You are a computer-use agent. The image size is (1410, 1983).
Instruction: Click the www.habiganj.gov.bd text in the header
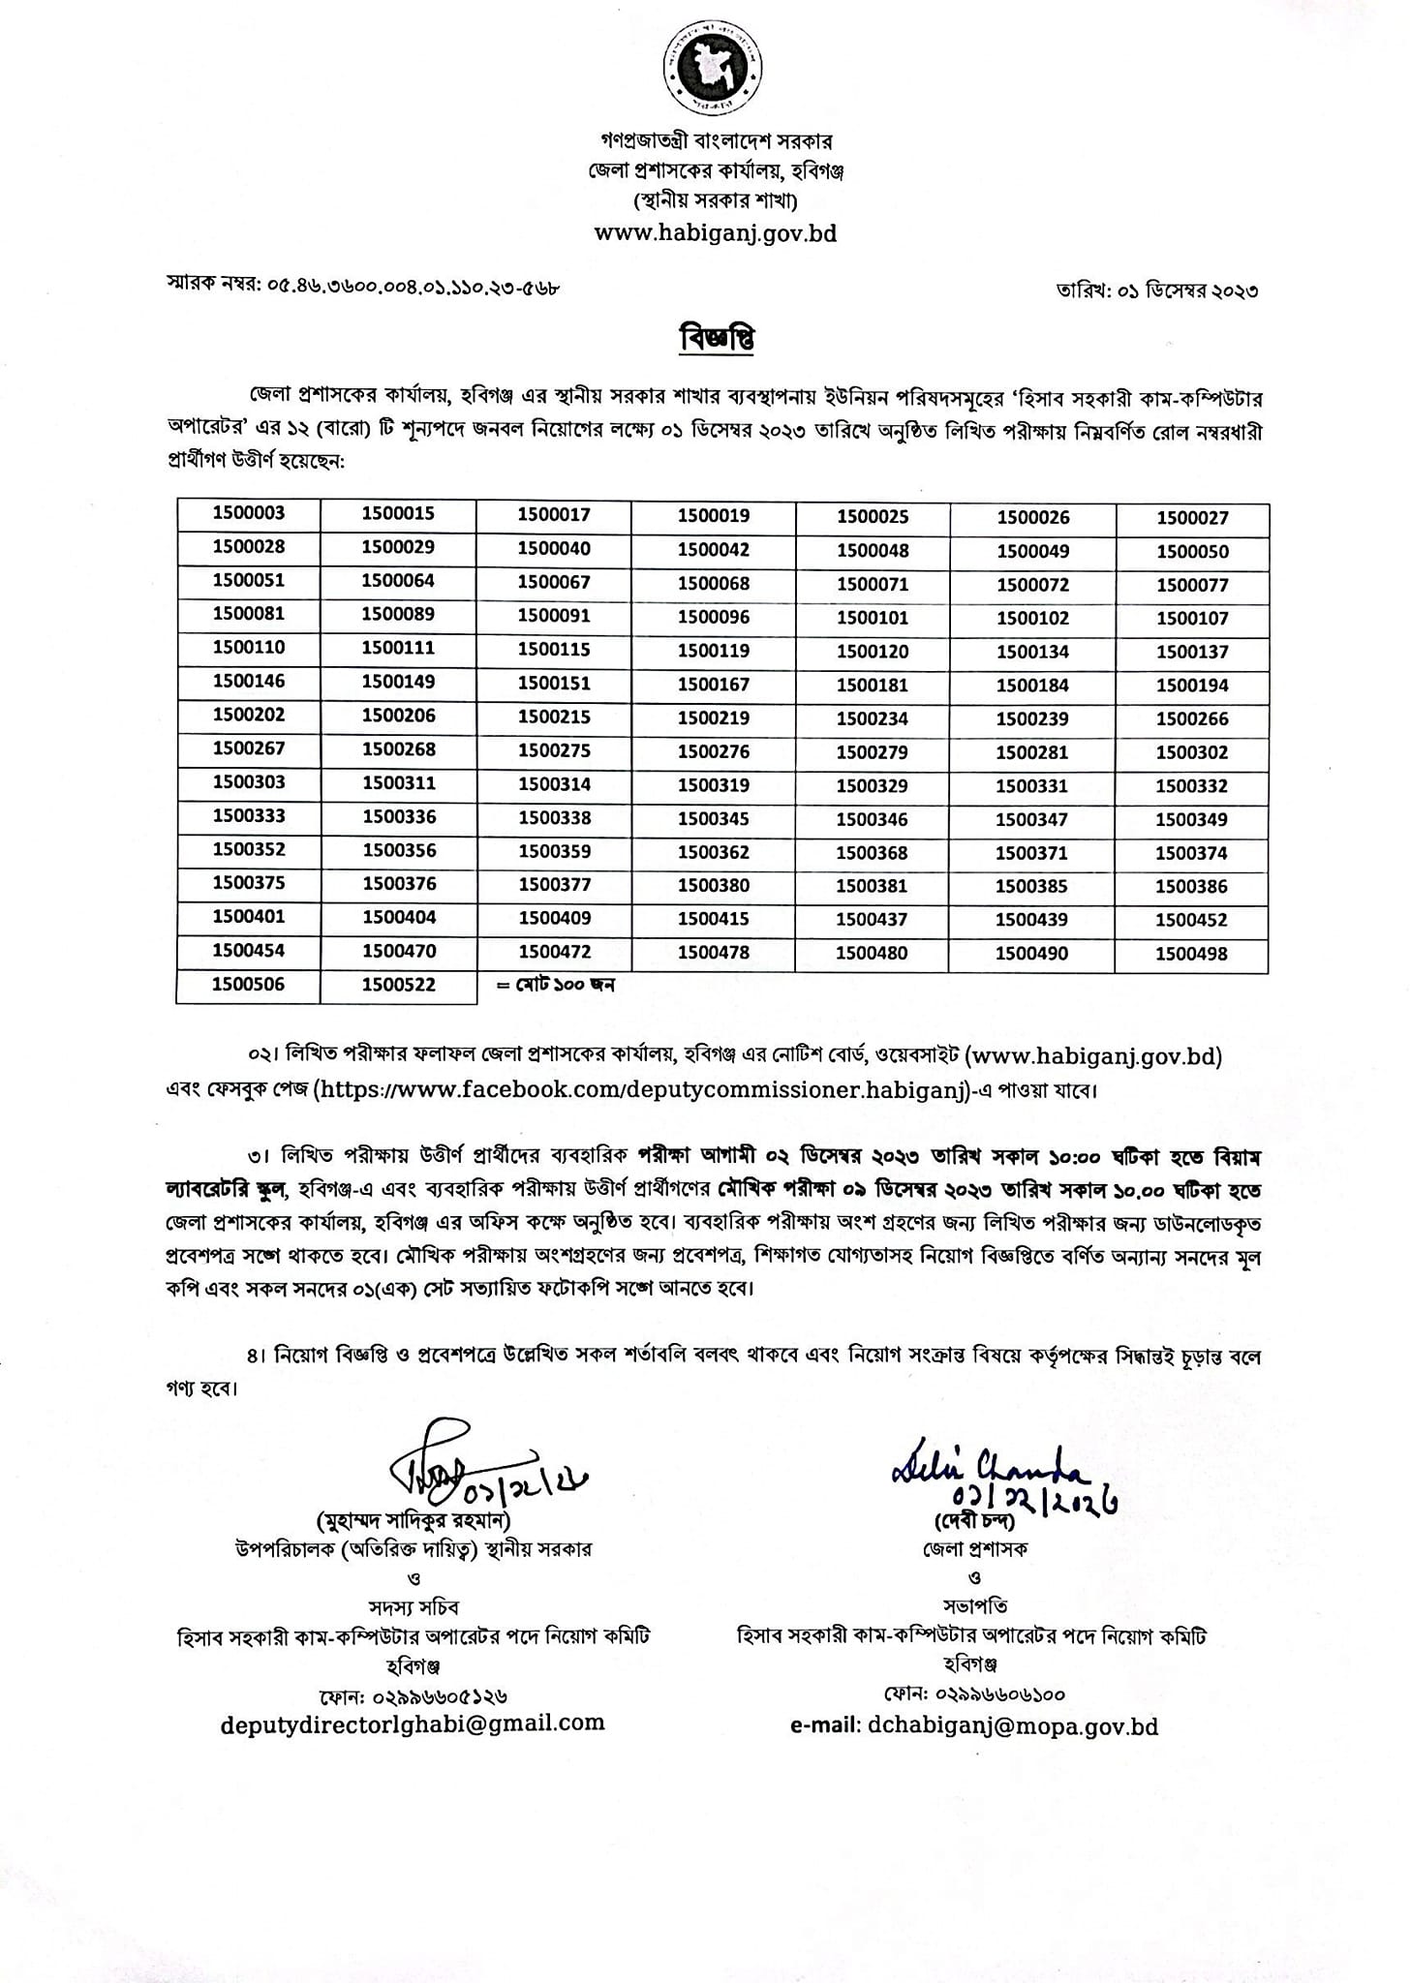pos(715,233)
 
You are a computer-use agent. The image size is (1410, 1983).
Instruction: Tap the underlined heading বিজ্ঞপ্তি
pos(718,338)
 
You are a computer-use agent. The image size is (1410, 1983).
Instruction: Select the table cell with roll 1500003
pos(249,514)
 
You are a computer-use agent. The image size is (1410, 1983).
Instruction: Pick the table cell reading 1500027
pos(1192,518)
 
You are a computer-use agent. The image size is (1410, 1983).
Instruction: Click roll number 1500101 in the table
pos(873,618)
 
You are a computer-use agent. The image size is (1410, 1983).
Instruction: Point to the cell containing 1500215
pos(554,717)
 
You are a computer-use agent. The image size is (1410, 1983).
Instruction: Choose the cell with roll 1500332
pos(1192,786)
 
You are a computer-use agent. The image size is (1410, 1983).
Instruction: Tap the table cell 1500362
pos(714,852)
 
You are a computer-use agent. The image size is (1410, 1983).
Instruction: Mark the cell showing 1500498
pos(1192,954)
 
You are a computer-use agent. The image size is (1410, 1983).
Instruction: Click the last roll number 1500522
pos(399,985)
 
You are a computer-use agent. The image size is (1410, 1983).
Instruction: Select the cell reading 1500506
pos(249,985)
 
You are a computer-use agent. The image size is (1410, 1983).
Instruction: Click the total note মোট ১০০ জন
pos(556,986)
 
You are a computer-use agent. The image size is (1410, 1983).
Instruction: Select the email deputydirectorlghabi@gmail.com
pos(413,1749)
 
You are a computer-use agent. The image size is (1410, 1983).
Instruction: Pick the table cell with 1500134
pos(1032,652)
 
